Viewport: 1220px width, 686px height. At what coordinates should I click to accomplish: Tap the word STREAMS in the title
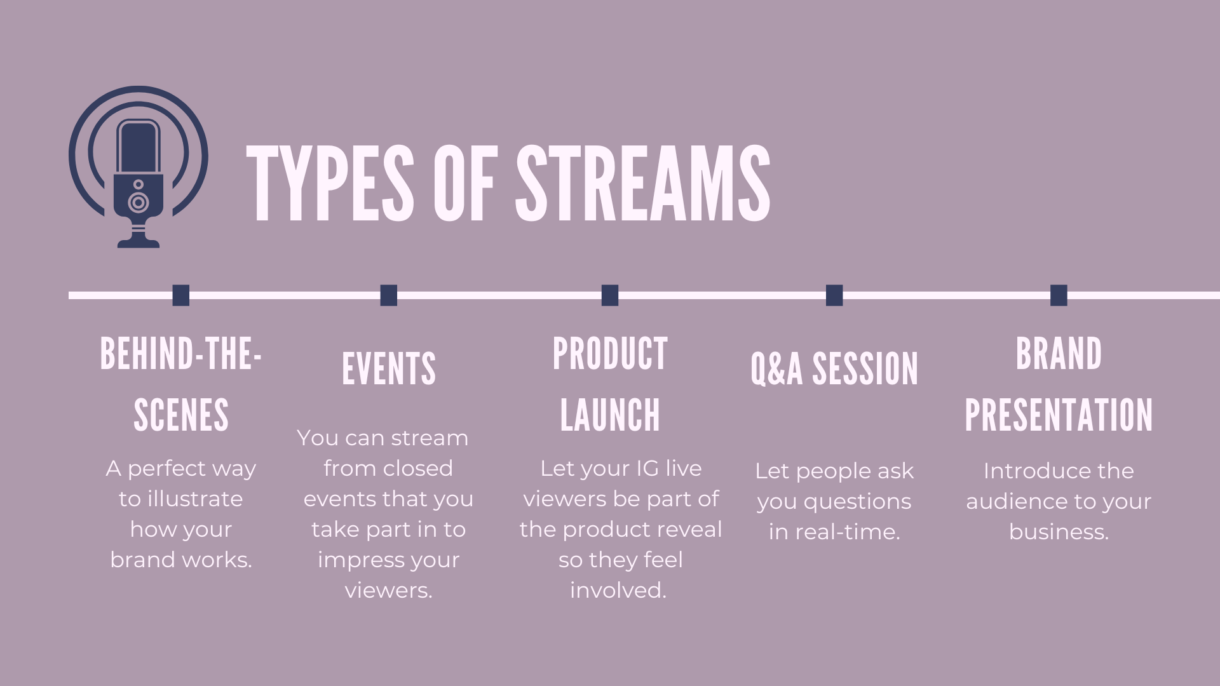click(x=643, y=184)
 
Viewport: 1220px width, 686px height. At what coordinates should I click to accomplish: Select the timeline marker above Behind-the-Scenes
click(x=181, y=295)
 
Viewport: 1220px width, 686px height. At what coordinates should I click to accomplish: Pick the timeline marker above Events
click(x=389, y=295)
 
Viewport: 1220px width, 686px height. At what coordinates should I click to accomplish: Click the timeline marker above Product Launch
click(x=610, y=295)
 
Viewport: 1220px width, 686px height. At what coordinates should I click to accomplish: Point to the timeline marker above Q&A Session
click(x=834, y=295)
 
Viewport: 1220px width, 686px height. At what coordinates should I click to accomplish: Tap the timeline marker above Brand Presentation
click(x=1059, y=295)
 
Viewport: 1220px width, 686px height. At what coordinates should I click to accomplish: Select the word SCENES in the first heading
click(x=181, y=415)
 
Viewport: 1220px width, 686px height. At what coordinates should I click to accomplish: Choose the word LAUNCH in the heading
click(x=610, y=415)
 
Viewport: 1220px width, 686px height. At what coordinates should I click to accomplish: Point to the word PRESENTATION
click(x=1059, y=415)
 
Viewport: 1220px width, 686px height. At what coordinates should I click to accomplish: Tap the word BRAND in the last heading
click(x=1059, y=354)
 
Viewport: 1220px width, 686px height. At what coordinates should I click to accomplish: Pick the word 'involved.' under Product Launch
click(x=618, y=590)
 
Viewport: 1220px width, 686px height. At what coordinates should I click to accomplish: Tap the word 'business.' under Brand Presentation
click(x=1059, y=532)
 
